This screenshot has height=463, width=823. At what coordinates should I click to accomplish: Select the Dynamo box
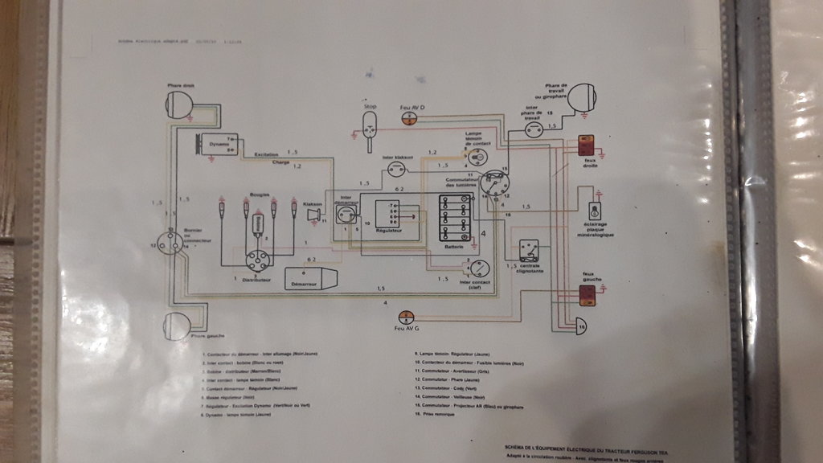(x=219, y=145)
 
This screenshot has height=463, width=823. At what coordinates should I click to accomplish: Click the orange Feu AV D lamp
(x=408, y=117)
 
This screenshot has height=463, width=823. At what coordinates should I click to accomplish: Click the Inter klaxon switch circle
(x=395, y=169)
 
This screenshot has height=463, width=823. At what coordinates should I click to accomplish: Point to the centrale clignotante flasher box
(x=529, y=248)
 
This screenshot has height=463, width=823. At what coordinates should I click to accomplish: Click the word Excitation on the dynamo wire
(x=267, y=153)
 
